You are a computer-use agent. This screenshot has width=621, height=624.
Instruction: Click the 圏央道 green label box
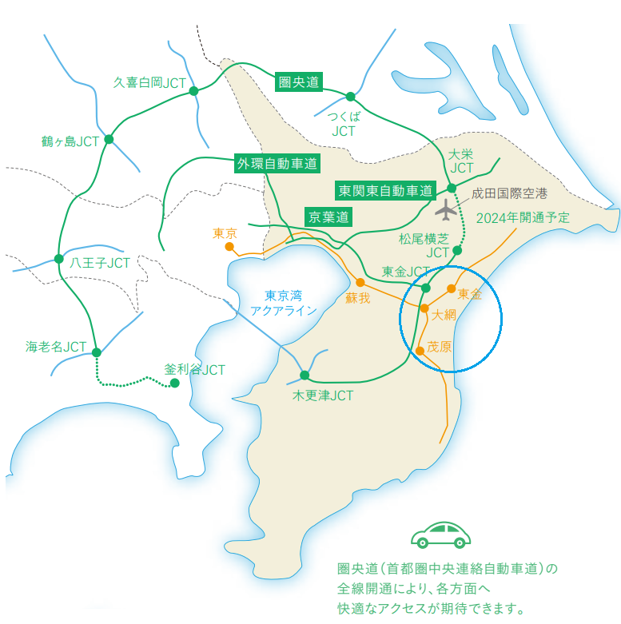click(298, 81)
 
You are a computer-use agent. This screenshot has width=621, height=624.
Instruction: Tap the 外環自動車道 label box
click(277, 164)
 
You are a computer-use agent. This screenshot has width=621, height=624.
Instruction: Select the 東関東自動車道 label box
click(385, 191)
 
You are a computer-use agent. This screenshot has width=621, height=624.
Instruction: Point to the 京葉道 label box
click(329, 217)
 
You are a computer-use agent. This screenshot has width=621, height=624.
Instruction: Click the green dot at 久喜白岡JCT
click(193, 91)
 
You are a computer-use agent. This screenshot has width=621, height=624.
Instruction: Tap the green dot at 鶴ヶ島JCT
click(109, 140)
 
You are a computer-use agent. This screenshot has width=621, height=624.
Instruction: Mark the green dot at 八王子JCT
click(58, 258)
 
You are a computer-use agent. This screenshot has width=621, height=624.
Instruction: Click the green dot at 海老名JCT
click(96, 352)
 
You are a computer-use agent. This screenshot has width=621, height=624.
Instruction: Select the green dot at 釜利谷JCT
click(174, 383)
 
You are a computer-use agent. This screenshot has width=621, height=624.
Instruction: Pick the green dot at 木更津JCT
click(305, 375)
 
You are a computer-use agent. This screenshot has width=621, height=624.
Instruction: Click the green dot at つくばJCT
click(350, 97)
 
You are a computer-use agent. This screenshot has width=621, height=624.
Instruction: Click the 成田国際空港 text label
click(509, 193)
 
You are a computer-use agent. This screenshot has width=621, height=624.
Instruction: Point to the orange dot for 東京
click(229, 247)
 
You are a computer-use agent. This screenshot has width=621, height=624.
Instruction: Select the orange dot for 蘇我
click(360, 282)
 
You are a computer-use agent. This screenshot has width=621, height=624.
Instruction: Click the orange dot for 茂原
click(420, 350)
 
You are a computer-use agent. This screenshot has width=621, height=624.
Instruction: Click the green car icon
click(440, 535)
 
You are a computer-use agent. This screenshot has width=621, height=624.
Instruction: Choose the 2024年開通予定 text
click(523, 218)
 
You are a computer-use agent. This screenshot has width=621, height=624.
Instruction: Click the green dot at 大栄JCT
click(452, 188)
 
